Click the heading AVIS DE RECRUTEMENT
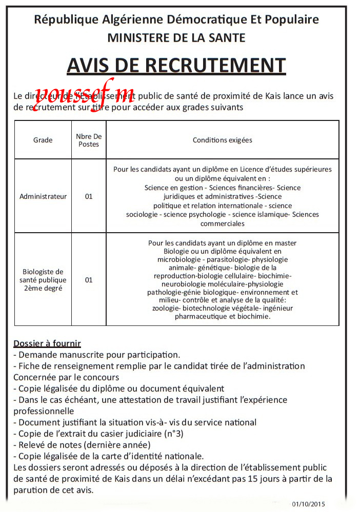coord(176,66)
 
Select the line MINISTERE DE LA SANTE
coord(176,37)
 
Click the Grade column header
coord(43,140)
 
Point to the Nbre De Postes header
coord(89,140)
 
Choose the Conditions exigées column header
coord(222,140)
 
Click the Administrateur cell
coord(43,196)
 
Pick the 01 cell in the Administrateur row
coord(89,196)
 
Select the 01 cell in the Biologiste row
coord(89,280)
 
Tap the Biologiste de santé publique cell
coord(43,280)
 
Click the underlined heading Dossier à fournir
coord(47,343)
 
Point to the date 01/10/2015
coord(308,504)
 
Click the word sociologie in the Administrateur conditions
coord(142,215)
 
